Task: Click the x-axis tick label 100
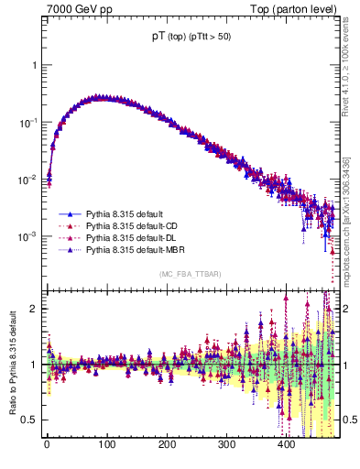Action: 106,445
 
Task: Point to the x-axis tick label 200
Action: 167,445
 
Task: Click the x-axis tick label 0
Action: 47,445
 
